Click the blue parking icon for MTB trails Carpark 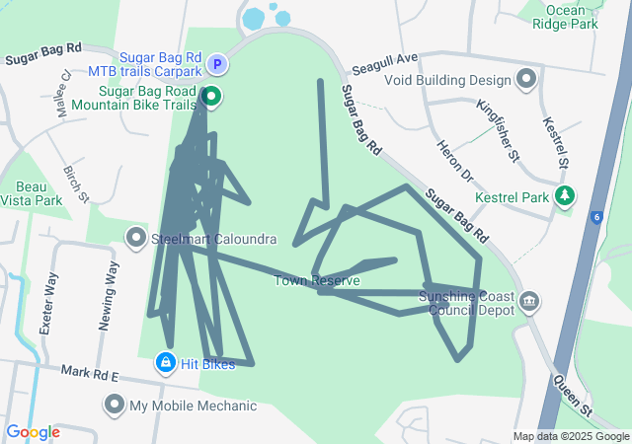pyautogui.click(x=218, y=65)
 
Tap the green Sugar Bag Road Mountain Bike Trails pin pyautogui.click(x=211, y=96)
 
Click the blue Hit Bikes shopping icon pyautogui.click(x=165, y=364)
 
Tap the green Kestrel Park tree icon pyautogui.click(x=564, y=196)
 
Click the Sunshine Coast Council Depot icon pyautogui.click(x=528, y=299)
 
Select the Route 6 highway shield pyautogui.click(x=596, y=216)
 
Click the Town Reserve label pyautogui.click(x=317, y=281)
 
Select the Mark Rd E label pyautogui.click(x=89, y=375)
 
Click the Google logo pyautogui.click(x=34, y=432)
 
